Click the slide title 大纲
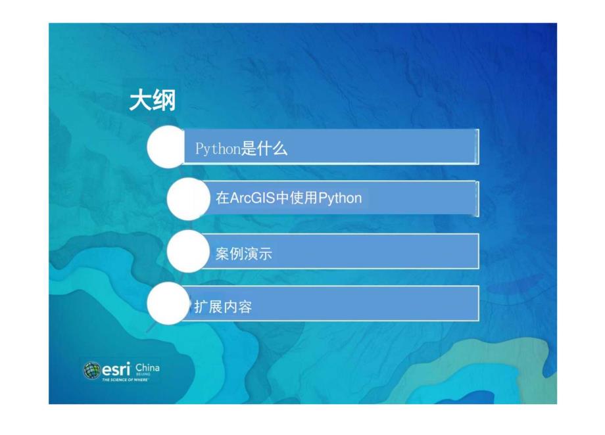(152, 101)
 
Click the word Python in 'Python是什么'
(218, 149)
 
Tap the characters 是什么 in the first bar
(264, 149)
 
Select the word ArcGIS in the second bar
(252, 198)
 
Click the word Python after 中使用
(340, 198)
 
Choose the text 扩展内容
(223, 307)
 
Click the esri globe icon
(91, 371)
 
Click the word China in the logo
(147, 367)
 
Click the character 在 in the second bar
(222, 198)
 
